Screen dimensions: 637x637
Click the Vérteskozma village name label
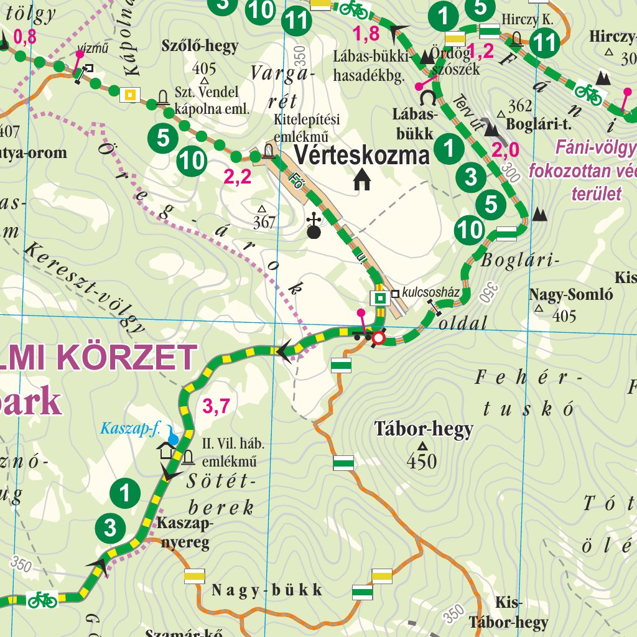[361, 155]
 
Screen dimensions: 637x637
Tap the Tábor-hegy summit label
[424, 429]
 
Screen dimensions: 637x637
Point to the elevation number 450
[422, 461]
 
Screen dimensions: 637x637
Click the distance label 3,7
[216, 407]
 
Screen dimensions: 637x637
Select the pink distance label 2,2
[237, 178]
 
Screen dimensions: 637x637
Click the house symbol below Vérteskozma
[361, 180]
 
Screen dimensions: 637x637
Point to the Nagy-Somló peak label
[571, 295]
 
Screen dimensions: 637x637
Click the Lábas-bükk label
[413, 123]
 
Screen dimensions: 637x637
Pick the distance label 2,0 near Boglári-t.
[505, 150]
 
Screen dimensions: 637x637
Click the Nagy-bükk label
[267, 590]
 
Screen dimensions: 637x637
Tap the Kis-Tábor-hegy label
[509, 613]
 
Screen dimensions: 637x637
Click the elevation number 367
[264, 221]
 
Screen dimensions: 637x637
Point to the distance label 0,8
[25, 37]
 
